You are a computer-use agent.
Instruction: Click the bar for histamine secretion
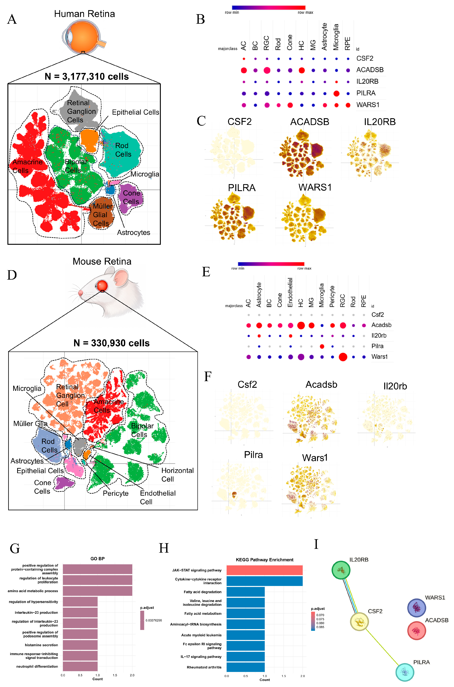(x=80, y=645)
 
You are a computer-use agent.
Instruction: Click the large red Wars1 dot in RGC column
(x=343, y=357)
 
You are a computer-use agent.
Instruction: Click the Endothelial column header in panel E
(x=290, y=292)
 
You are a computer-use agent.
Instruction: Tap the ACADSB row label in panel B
(x=370, y=70)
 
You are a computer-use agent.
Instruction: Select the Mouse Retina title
(x=102, y=261)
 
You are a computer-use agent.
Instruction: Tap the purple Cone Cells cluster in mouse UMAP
(x=64, y=483)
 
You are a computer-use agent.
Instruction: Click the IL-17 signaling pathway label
(x=201, y=657)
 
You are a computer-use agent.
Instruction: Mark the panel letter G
(x=15, y=548)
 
